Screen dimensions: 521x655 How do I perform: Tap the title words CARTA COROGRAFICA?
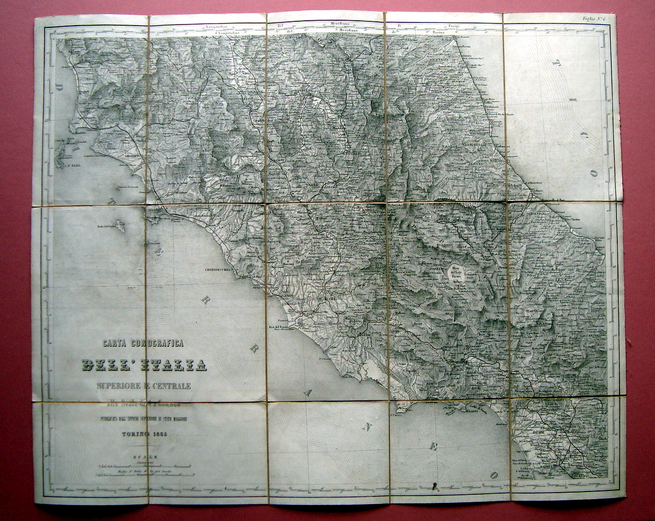(x=144, y=344)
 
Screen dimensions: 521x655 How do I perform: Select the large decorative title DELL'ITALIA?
(x=144, y=365)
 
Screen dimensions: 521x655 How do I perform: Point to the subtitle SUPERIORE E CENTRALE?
(x=144, y=386)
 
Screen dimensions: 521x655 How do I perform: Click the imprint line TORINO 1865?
(x=144, y=434)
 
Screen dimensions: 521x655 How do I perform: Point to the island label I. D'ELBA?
(x=72, y=163)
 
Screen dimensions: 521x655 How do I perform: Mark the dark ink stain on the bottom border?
(x=434, y=485)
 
